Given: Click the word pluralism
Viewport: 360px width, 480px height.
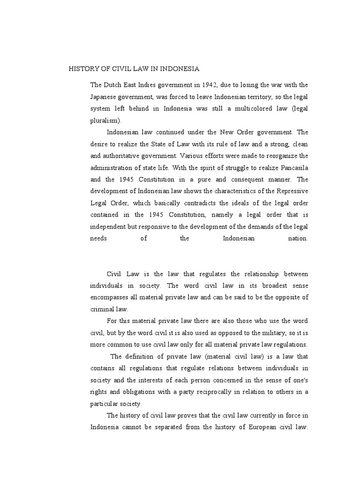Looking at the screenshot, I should (x=105, y=120).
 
